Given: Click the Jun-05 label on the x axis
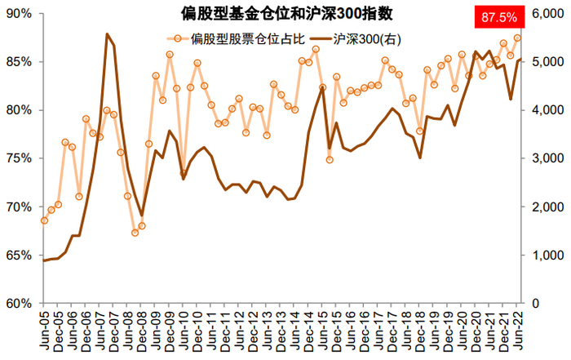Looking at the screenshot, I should pos(45,331).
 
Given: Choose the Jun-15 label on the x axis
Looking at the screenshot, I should pos(321,331).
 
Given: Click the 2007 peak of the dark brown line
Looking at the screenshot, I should pos(107,34).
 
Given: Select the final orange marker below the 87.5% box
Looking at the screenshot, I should pos(517,38).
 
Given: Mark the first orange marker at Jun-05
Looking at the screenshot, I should pos(44,220).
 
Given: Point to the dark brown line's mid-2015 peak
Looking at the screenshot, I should pos(322,87).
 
